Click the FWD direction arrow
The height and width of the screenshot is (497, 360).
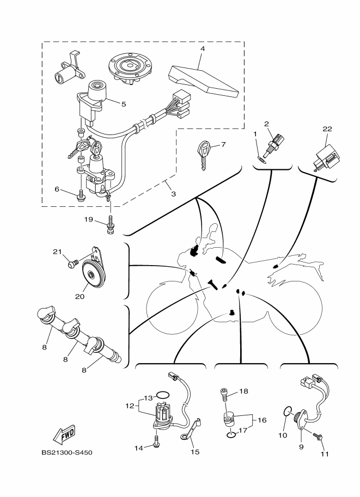click(x=64, y=434)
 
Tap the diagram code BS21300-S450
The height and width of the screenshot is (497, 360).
click(x=67, y=452)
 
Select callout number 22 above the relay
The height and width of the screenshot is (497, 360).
click(x=327, y=128)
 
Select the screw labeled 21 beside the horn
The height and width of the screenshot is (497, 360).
click(x=73, y=263)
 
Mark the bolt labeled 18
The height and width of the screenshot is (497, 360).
click(x=224, y=394)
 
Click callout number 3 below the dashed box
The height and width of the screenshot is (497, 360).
click(x=173, y=194)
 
